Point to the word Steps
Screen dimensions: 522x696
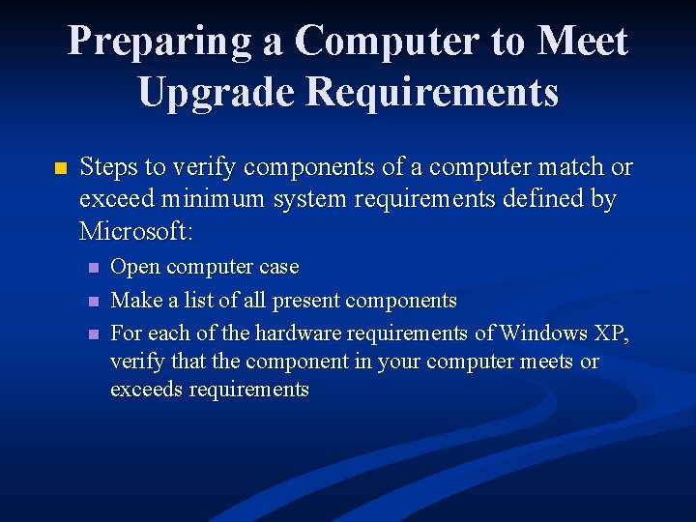(x=109, y=168)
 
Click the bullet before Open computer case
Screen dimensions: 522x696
(x=93, y=268)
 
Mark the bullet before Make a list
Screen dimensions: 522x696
(x=93, y=302)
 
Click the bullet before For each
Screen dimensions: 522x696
(x=93, y=334)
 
